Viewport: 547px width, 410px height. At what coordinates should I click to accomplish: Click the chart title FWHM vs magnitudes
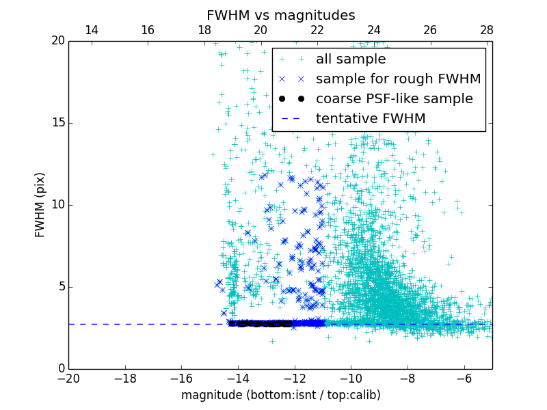click(280, 15)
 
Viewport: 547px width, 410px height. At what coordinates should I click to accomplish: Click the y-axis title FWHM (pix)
click(40, 205)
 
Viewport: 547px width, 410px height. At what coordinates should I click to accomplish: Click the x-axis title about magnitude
click(280, 395)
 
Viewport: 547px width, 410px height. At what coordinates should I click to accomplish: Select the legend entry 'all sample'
click(351, 59)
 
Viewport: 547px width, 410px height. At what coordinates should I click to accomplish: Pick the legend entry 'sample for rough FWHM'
click(398, 79)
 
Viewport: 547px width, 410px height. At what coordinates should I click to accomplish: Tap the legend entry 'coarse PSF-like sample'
click(394, 99)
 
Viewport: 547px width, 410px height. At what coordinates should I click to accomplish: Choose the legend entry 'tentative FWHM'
click(371, 119)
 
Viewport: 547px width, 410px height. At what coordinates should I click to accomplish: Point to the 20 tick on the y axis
click(57, 41)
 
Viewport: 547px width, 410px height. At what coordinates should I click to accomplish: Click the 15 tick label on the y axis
click(57, 123)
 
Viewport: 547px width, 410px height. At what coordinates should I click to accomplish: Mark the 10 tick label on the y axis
click(57, 205)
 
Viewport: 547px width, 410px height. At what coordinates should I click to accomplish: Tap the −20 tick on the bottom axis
click(68, 378)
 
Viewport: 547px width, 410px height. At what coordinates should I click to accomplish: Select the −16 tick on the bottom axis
click(181, 378)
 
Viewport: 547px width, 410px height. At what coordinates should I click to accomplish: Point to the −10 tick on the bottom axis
click(351, 378)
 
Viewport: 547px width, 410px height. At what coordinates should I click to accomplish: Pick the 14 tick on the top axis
click(91, 31)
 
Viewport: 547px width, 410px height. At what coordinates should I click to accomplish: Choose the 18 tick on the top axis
click(204, 31)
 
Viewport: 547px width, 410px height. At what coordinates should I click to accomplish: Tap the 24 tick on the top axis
click(373, 31)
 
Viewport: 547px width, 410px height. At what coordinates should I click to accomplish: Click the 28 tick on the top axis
click(486, 31)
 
